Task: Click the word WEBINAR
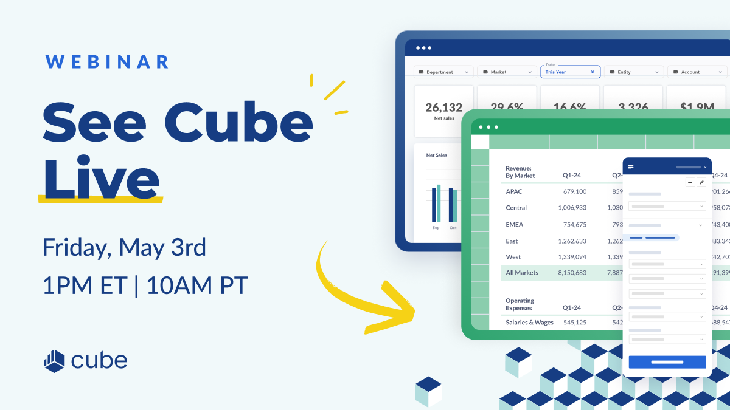[x=107, y=62]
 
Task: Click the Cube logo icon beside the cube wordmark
[x=54, y=361]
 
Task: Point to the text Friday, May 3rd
[x=124, y=248]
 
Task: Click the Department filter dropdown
[x=443, y=72]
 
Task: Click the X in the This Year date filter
[x=593, y=72]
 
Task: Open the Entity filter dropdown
[x=633, y=72]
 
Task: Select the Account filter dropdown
[x=697, y=72]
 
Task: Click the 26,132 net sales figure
[x=443, y=108]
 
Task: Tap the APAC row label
[x=514, y=191]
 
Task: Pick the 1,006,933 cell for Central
[x=572, y=208]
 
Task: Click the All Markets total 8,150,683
[x=572, y=273]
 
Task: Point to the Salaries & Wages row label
[x=529, y=323]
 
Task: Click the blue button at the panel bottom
[x=667, y=362]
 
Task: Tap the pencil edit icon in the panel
[x=701, y=182]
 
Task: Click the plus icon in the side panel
[x=690, y=182]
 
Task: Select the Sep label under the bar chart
[x=436, y=228]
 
